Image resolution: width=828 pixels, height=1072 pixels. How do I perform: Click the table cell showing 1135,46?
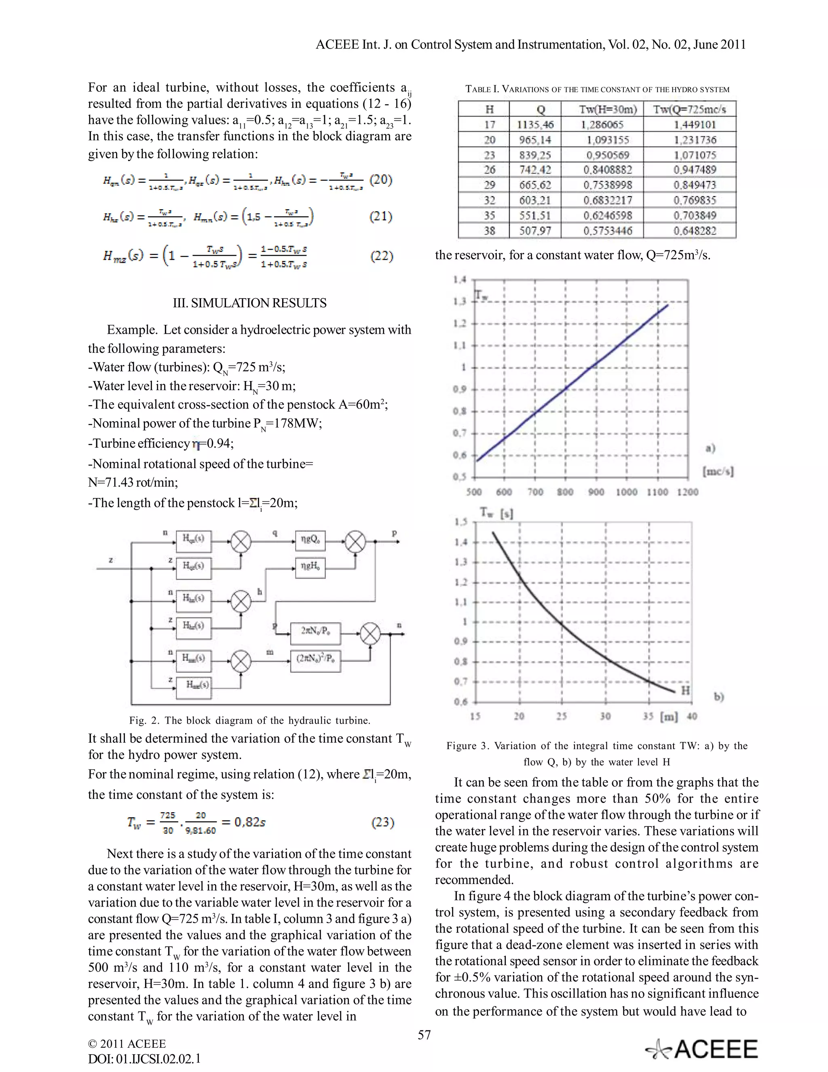535,125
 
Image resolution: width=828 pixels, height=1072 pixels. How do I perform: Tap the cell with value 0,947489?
695,170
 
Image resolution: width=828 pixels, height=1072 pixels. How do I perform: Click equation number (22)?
381,256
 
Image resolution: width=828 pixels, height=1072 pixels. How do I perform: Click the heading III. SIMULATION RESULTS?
250,303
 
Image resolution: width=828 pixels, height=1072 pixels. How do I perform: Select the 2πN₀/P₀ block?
315,630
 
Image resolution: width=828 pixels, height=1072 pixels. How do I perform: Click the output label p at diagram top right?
394,533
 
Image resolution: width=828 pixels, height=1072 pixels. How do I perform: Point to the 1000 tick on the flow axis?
626,492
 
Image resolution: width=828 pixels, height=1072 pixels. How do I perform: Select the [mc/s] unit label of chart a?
718,472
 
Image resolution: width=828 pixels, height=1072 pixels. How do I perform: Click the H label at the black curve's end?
685,690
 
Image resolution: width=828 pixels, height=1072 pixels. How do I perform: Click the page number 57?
424,1035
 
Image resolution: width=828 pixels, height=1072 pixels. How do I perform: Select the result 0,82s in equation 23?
250,822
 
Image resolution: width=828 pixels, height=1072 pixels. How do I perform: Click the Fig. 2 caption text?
250,720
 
